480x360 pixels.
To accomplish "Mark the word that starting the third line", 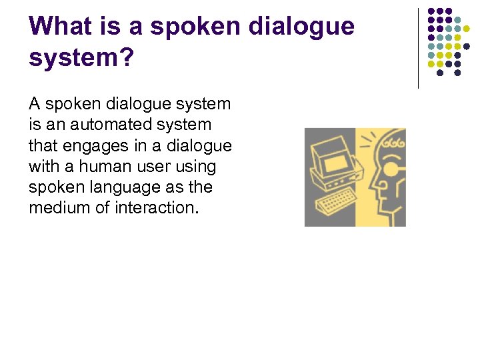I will click(x=42, y=145).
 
